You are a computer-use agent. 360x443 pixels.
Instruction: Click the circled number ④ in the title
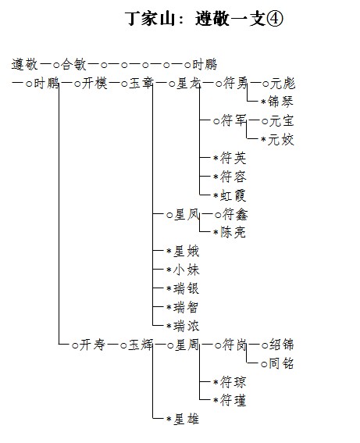pyautogui.click(x=274, y=19)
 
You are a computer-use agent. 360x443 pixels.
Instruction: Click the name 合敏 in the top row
pyautogui.click(x=73, y=64)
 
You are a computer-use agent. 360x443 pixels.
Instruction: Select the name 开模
pyautogui.click(x=94, y=84)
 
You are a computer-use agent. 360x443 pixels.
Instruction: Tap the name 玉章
pyautogui.click(x=141, y=84)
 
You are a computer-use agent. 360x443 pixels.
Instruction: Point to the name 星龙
pyautogui.click(x=189, y=84)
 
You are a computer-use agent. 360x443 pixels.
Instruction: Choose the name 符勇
pyautogui.click(x=235, y=84)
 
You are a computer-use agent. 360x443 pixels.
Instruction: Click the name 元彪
pyautogui.click(x=283, y=84)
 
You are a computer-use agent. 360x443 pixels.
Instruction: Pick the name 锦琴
pyautogui.click(x=280, y=102)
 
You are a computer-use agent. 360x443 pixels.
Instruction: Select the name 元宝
pyautogui.click(x=282, y=121)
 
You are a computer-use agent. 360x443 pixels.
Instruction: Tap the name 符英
pyautogui.click(x=233, y=158)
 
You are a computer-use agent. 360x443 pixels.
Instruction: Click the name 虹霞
pyautogui.click(x=233, y=195)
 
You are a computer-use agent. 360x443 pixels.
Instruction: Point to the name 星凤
pyautogui.click(x=187, y=215)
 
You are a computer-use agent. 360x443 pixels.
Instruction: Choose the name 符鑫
pyautogui.click(x=235, y=215)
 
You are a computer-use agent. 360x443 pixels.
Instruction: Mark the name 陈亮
pyautogui.click(x=233, y=233)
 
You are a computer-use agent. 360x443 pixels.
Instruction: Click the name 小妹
pyautogui.click(x=187, y=270)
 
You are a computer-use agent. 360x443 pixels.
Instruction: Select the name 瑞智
pyautogui.click(x=186, y=307)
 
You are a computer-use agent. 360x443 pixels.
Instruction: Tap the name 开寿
pyautogui.click(x=92, y=345)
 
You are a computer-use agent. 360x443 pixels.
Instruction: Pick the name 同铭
pyautogui.click(x=281, y=363)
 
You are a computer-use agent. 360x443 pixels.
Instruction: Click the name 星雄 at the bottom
pyautogui.click(x=187, y=419)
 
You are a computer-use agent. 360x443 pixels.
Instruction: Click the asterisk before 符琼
pyautogui.click(x=216, y=383)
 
